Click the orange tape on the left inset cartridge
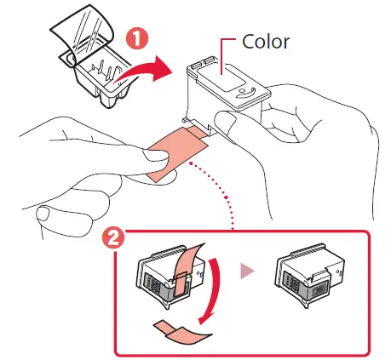(x=182, y=265)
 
